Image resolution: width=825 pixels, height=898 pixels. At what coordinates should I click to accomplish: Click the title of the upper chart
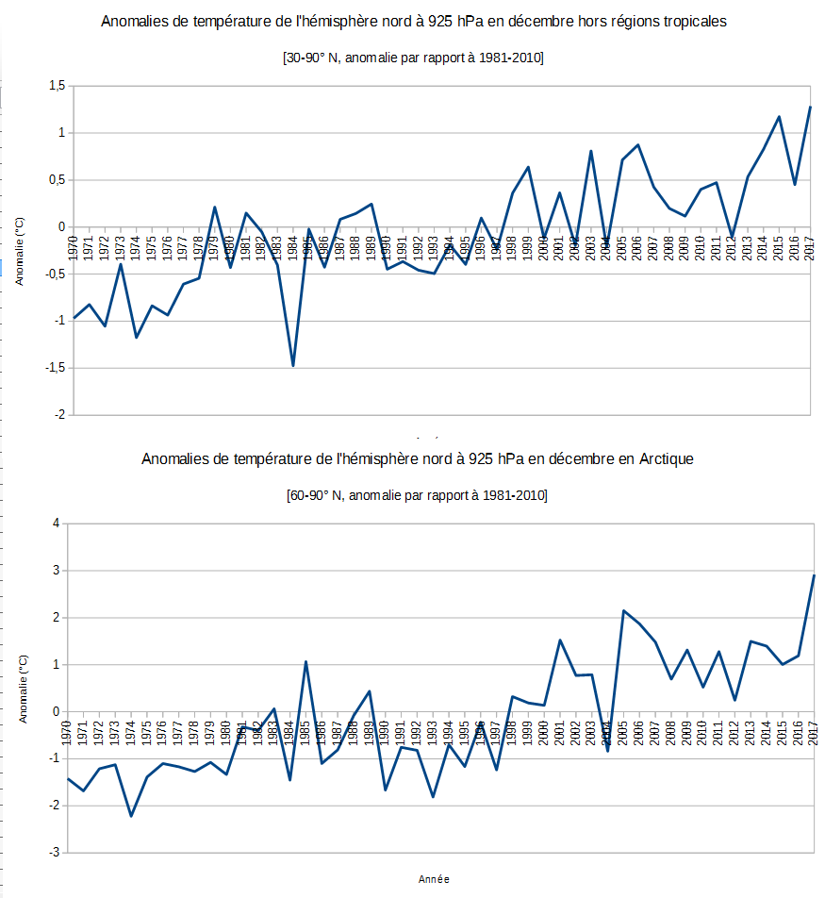pos(414,22)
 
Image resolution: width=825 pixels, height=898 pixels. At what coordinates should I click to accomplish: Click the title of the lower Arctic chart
pos(417,459)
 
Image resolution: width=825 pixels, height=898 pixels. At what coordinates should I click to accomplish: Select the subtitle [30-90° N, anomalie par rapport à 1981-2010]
pos(414,58)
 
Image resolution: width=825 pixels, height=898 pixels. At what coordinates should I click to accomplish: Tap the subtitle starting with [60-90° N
pos(416,495)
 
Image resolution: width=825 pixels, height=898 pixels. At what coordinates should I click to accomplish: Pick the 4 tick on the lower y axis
pos(56,524)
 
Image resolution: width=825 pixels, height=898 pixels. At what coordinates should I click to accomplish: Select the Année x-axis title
pos(434,879)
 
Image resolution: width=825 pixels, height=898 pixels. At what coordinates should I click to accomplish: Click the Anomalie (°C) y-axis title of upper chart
pos(20,250)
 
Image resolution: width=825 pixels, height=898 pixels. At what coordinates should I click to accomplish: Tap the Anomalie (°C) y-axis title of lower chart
pos(23,688)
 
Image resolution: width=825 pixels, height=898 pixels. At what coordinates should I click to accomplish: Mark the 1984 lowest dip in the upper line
pos(293,365)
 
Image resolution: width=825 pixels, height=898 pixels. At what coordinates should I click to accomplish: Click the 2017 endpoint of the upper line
pos(810,107)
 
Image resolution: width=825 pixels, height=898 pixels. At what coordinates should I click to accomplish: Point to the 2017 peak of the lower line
pos(814,575)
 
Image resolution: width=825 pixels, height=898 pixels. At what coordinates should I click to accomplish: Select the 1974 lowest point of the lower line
pos(131,816)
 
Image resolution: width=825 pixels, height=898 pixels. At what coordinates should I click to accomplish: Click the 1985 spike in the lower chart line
pos(305,661)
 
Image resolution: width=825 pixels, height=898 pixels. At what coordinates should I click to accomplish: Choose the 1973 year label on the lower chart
pos(115,733)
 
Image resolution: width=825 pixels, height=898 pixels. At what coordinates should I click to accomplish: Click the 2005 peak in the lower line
pos(623,610)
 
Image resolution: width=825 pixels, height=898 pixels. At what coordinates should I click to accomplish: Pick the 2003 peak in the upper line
pos(590,151)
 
